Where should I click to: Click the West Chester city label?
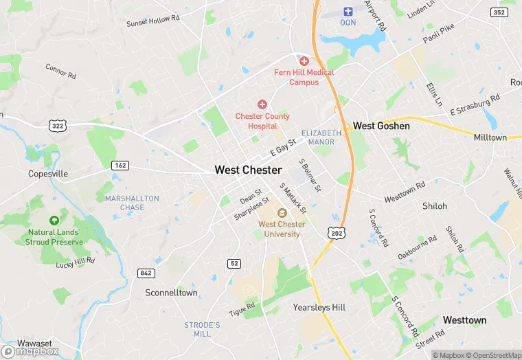point(248,170)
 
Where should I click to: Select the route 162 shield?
point(120,166)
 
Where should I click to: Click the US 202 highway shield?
point(337,233)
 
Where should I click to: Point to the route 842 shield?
point(146,273)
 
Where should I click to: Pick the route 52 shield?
point(234,264)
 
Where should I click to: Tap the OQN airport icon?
point(348,11)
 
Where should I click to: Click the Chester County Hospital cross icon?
point(262,104)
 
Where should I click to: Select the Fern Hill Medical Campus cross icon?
point(304,60)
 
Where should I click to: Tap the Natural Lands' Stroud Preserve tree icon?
point(54,220)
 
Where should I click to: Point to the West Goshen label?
point(381,126)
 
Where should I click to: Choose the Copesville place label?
point(48,174)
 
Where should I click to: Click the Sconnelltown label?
point(171,293)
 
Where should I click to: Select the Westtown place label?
point(464,320)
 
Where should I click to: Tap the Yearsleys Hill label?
point(319,307)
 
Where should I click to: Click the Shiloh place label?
point(434,206)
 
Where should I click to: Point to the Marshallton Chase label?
point(132,203)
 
